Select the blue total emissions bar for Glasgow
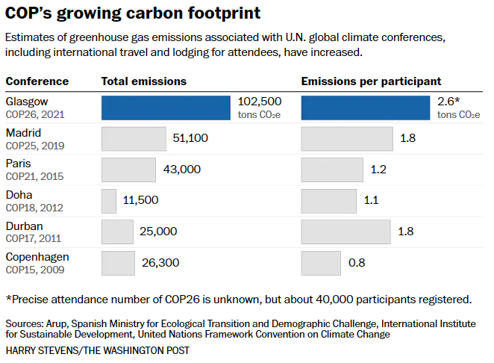point(166,108)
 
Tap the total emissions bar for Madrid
point(134,139)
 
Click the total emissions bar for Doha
point(109,200)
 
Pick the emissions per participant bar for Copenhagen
point(321,262)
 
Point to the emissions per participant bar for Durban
point(346,232)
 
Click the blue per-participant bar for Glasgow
point(366,108)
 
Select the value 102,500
point(259,102)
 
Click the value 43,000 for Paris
point(181,170)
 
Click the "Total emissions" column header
point(144,81)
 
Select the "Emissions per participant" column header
point(371,81)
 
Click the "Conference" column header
point(37,81)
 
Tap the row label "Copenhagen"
point(37,257)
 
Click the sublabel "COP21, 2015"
point(35,176)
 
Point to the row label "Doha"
point(19,195)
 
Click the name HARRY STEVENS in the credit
point(41,350)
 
